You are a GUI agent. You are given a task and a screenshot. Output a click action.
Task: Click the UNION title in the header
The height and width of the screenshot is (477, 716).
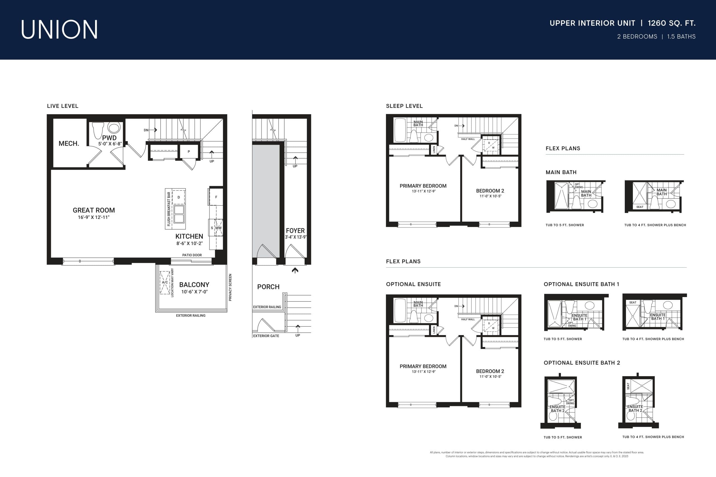point(59,30)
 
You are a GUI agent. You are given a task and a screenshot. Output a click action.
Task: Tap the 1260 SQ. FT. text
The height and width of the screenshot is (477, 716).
point(671,23)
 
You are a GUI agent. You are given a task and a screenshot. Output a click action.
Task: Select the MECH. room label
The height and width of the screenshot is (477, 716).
point(69,144)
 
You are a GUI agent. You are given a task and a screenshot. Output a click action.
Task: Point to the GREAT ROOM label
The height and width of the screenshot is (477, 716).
point(94,210)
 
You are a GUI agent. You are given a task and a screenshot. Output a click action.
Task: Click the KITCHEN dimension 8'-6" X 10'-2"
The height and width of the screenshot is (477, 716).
point(189,243)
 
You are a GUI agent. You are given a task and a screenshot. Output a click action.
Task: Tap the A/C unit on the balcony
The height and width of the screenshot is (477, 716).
point(165,282)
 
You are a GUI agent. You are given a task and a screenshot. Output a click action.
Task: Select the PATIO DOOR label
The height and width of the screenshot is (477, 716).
point(192,255)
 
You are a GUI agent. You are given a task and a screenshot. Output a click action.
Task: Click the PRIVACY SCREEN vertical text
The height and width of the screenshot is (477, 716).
point(230,288)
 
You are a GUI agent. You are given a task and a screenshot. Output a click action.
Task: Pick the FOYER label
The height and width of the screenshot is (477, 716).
point(295,231)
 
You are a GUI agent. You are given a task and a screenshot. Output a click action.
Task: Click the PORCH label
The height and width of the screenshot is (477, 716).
point(268,287)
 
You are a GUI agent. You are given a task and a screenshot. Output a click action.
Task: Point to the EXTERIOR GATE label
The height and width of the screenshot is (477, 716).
point(266,336)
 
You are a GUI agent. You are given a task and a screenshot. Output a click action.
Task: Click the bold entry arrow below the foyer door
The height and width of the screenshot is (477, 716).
point(295,270)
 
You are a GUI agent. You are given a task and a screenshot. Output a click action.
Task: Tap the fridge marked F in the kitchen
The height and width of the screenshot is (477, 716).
point(216,197)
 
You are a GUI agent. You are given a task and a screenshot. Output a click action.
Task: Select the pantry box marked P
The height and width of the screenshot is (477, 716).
point(189,151)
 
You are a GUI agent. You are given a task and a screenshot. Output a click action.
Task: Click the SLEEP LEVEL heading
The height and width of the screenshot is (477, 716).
point(404,106)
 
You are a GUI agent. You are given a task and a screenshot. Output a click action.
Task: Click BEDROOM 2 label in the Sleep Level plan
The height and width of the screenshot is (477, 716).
point(490,191)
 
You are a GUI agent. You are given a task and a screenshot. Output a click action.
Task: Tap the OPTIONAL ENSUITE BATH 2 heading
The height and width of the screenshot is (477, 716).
point(582,363)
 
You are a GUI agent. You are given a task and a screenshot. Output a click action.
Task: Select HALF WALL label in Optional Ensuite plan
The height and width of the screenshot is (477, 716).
point(468,319)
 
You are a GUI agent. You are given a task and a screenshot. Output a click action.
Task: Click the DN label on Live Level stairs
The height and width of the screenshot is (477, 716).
point(146,130)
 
